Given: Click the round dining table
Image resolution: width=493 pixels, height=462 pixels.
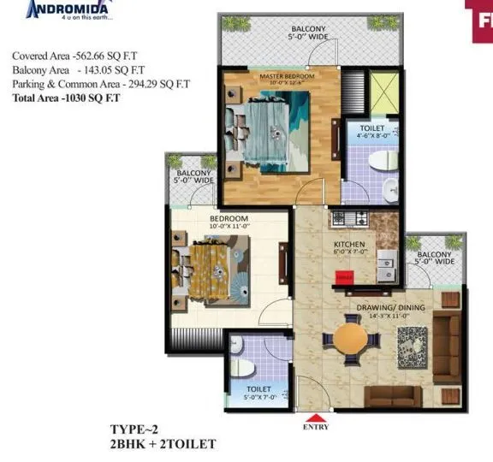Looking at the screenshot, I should click(349, 337).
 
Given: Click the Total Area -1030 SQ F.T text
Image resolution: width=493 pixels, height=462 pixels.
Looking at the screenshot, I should click(67, 98).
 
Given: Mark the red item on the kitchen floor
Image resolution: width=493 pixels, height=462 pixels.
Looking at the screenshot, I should click(344, 275).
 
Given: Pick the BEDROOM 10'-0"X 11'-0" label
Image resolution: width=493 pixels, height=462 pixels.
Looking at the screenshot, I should click(229, 222).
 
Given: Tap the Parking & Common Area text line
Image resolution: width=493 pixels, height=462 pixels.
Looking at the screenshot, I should click(100, 84).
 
